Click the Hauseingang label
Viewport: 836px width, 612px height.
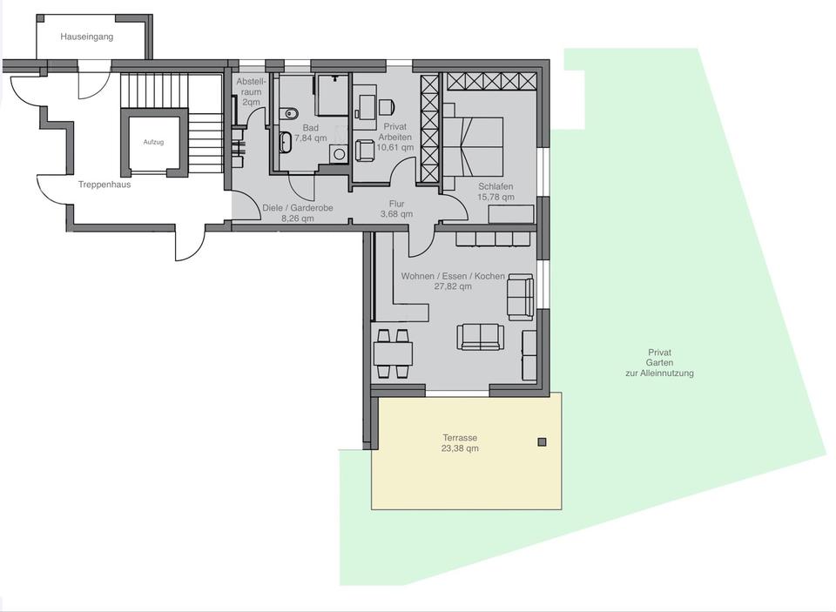86,37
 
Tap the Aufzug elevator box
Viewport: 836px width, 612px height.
153,142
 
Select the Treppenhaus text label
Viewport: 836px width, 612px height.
104,185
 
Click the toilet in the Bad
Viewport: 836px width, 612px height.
291,112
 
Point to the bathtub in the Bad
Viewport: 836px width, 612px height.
286,142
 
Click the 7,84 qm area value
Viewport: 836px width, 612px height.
310,138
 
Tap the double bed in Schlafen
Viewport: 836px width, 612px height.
475,145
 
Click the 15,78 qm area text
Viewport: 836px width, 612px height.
496,198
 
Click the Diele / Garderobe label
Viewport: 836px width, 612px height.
297,208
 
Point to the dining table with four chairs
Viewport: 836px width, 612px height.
393,353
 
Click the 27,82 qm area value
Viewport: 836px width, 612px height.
452,286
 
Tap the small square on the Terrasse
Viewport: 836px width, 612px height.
542,442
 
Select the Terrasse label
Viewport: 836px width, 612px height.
459,438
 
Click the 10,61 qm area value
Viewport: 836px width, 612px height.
395,148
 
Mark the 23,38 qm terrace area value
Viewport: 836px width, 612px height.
459,449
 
